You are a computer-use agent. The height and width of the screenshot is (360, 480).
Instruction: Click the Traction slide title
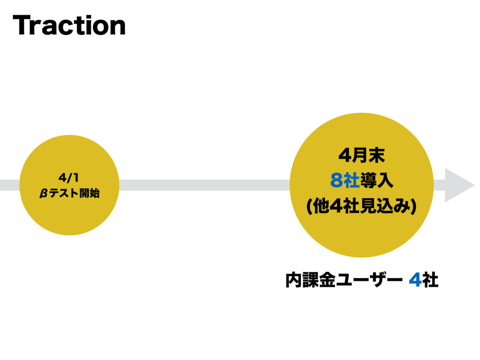pyautogui.click(x=69, y=26)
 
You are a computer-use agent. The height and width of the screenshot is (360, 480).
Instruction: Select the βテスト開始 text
pyautogui.click(x=69, y=193)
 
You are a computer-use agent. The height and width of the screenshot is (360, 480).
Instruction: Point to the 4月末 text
pyautogui.click(x=361, y=155)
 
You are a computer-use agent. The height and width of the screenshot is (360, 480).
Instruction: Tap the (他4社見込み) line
pyautogui.click(x=361, y=205)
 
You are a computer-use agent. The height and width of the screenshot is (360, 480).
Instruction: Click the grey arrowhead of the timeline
pyautogui.click(x=458, y=185)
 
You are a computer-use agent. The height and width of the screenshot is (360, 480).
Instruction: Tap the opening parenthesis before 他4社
pyautogui.click(x=308, y=206)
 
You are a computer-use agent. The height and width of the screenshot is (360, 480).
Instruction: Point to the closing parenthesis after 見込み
pyautogui.click(x=414, y=206)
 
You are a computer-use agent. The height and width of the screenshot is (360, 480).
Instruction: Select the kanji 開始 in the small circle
pyautogui.click(x=89, y=193)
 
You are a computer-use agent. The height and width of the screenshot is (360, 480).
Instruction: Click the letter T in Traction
pyautogui.click(x=22, y=26)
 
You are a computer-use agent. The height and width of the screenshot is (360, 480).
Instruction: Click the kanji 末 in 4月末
pyautogui.click(x=376, y=155)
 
